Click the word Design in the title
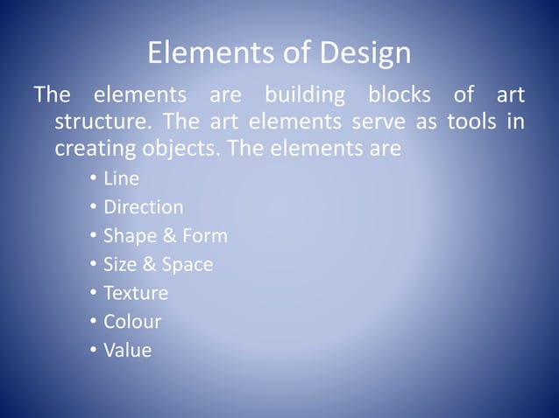[366, 54]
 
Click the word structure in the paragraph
[100, 122]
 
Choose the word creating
[94, 150]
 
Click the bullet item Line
[121, 180]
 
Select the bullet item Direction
[143, 208]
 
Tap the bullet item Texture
[135, 293]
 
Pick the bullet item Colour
[132, 322]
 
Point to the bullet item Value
[127, 351]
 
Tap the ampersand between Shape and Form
[166, 236]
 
